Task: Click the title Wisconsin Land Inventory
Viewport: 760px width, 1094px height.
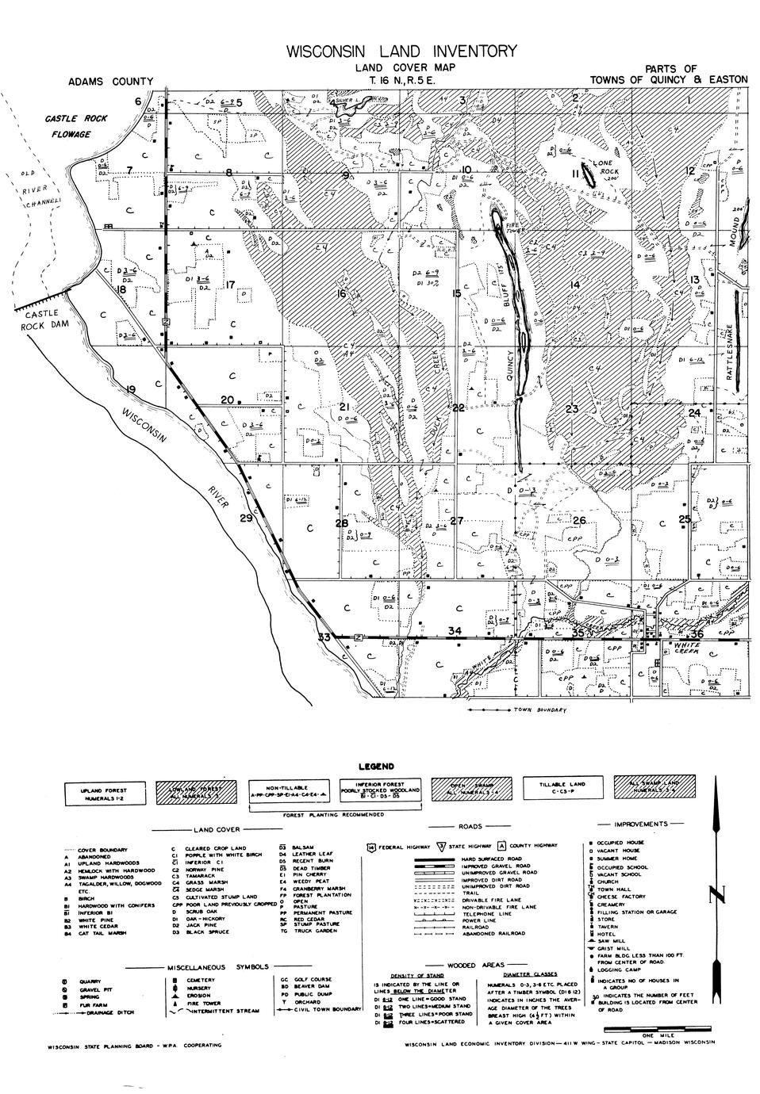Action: click(401, 52)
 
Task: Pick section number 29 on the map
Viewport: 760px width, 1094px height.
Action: click(246, 518)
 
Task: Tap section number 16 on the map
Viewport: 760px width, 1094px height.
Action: click(342, 294)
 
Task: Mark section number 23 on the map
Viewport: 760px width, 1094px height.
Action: click(572, 408)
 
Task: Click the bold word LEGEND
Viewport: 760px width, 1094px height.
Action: click(377, 767)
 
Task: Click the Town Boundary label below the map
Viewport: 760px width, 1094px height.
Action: click(540, 710)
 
